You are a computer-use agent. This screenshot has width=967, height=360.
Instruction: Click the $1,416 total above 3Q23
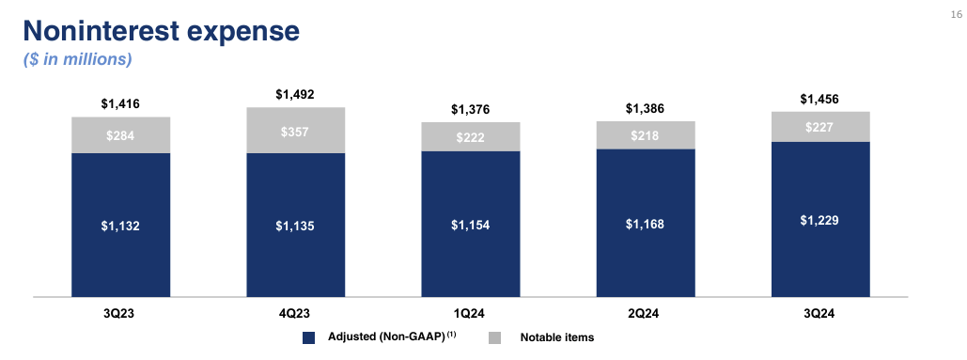(x=120, y=104)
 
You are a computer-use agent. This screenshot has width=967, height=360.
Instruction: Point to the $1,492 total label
(x=295, y=94)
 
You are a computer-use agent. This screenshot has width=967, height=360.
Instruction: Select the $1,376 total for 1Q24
(x=470, y=110)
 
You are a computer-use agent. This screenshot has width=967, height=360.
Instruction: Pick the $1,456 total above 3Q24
(x=819, y=99)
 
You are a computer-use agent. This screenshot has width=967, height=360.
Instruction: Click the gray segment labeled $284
(x=120, y=135)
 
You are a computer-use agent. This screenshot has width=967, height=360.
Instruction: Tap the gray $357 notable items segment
(x=295, y=131)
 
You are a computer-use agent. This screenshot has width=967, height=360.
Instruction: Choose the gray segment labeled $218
(x=646, y=135)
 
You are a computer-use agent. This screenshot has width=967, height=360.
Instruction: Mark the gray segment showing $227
(x=819, y=128)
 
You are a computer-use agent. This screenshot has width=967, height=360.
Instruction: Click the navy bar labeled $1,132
(x=120, y=225)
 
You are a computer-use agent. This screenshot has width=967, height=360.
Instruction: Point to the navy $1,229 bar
(x=819, y=219)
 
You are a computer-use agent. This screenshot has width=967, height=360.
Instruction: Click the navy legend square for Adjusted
(x=307, y=337)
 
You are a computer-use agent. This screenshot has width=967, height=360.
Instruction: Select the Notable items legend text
(x=557, y=337)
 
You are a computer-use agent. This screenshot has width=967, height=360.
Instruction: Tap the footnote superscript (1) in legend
(x=451, y=334)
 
